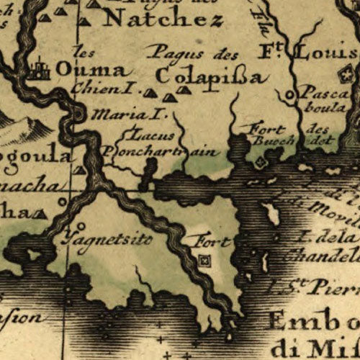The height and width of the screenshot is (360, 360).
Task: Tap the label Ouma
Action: pos(94,71)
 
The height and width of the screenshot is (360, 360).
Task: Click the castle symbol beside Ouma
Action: pos(37,71)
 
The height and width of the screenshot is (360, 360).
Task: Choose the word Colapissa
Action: pos(212,76)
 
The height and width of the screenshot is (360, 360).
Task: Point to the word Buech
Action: pos(269,141)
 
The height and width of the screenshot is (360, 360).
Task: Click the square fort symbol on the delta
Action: pos(205,261)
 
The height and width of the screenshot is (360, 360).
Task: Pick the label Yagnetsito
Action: pos(107,237)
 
